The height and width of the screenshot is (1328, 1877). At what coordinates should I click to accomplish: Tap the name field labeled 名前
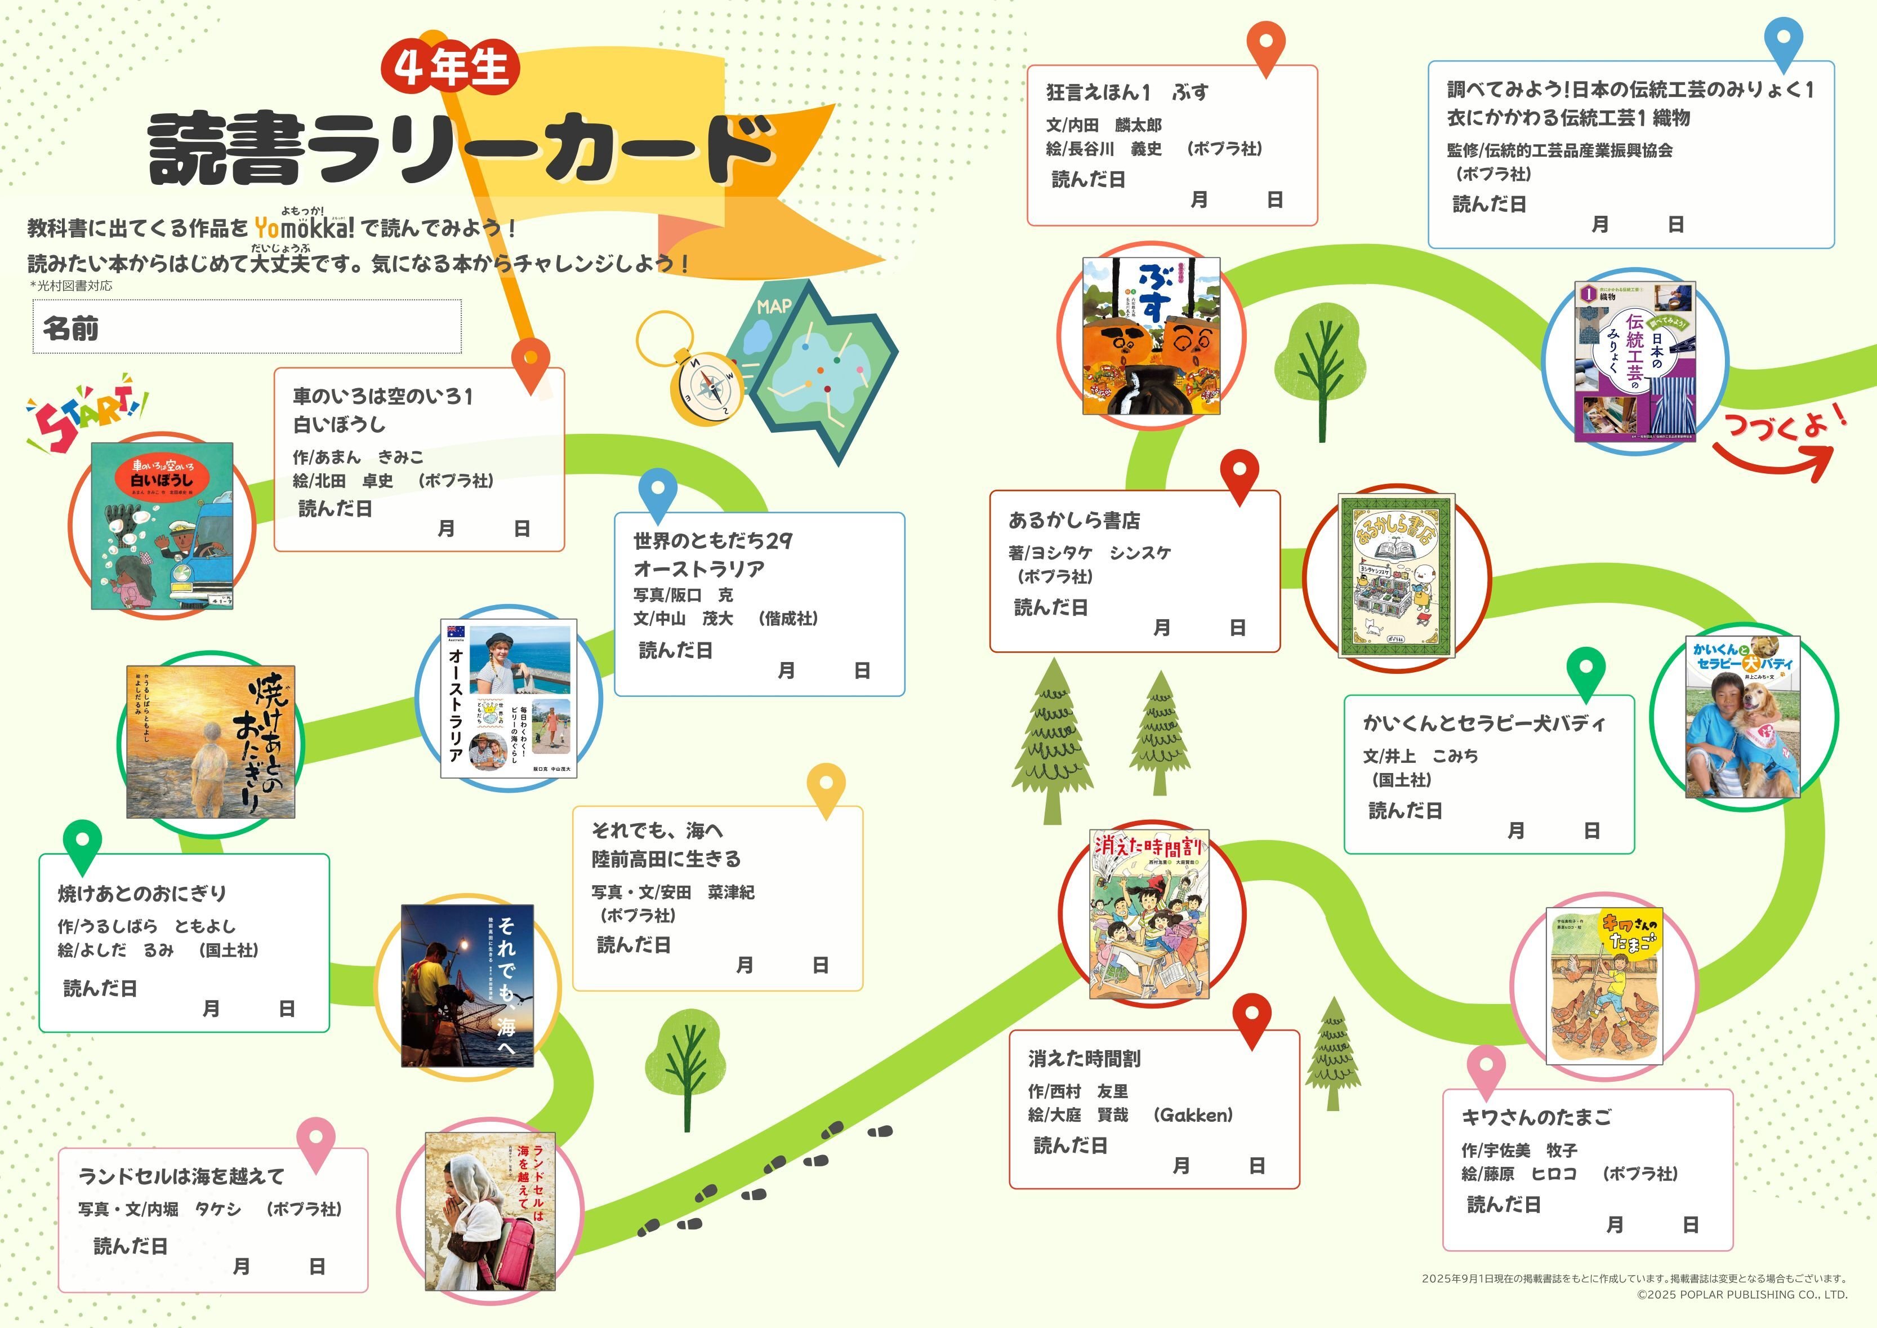247,327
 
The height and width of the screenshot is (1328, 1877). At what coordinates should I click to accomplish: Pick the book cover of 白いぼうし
162,526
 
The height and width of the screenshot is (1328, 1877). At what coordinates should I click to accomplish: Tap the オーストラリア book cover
509,698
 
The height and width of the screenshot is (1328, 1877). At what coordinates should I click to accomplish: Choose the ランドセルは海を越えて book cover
490,1211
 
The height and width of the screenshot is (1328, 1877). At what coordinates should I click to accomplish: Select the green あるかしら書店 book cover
1396,576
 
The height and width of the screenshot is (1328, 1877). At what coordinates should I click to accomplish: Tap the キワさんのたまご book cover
1604,985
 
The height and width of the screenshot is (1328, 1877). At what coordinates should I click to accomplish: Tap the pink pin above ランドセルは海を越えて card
316,1142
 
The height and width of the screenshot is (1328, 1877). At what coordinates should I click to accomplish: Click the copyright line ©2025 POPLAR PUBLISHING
1741,1294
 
